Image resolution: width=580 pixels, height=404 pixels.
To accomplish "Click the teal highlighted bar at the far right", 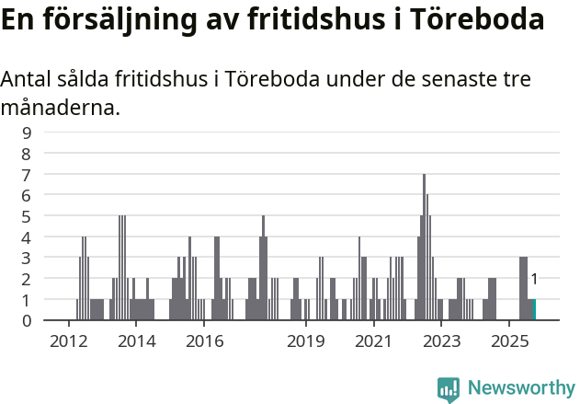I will [533, 309].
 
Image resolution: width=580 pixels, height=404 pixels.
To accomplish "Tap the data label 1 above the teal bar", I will [534, 279].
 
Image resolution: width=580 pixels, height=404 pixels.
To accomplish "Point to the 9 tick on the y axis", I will [27, 133].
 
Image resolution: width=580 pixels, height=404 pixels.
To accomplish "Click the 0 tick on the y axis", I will [27, 320].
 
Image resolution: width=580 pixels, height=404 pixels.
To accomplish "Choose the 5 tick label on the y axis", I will [27, 216].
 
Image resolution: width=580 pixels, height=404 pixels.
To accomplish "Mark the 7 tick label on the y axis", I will [27, 174].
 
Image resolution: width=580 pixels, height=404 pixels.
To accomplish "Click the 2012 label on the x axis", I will [69, 341].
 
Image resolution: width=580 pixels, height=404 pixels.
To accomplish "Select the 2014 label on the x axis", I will [136, 341].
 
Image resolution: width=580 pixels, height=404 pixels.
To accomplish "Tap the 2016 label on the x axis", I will [204, 341].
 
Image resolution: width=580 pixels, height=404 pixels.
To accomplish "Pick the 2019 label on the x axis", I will [306, 341].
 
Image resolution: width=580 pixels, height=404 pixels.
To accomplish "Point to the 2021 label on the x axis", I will [373, 341].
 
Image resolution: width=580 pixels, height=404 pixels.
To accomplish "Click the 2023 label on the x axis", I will [441, 341].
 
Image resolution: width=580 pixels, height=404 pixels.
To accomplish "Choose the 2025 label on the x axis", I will [508, 341].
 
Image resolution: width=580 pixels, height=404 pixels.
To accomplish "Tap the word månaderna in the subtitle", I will [61, 108].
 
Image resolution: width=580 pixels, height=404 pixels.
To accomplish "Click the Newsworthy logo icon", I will [449, 388].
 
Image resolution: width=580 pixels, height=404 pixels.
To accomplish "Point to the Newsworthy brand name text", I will [520, 388].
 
